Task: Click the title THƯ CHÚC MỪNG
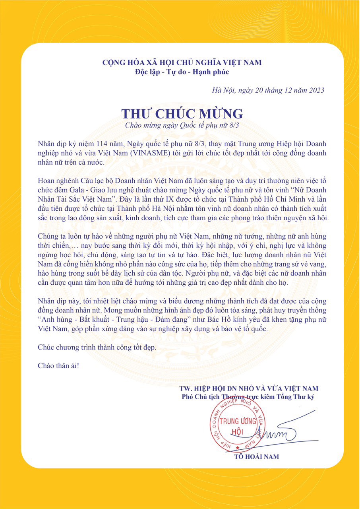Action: click(182, 114)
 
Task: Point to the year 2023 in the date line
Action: click(315, 90)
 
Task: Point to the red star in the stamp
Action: click(238, 448)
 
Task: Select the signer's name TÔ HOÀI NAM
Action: click(257, 457)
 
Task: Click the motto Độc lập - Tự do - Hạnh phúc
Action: click(182, 72)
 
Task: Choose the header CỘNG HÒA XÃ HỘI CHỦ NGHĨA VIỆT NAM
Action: click(182, 63)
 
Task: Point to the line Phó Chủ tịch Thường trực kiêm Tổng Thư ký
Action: click(248, 397)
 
